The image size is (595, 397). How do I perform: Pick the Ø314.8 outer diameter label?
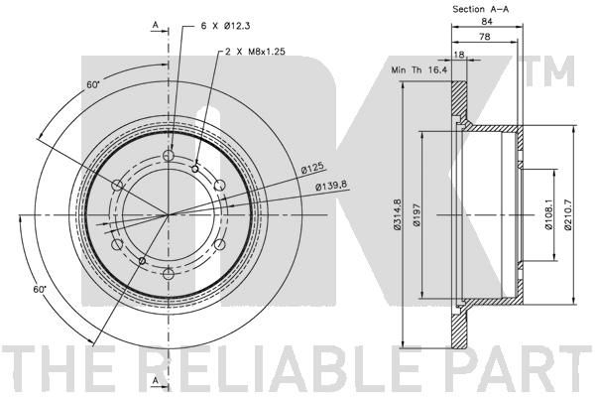coord(397,214)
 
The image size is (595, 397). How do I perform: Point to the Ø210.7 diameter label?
coord(568,214)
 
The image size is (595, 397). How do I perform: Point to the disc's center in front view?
coord(168,214)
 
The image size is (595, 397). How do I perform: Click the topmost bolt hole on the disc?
coord(168,156)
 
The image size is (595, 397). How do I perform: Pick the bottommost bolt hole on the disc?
coord(168,273)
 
